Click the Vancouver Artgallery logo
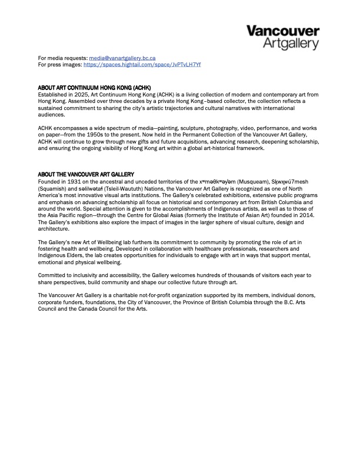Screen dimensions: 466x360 click(282, 36)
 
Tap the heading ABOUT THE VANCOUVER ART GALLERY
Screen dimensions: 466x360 click(86, 174)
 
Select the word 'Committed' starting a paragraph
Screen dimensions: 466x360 click(52, 275)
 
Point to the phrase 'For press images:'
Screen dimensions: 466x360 click(59, 65)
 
